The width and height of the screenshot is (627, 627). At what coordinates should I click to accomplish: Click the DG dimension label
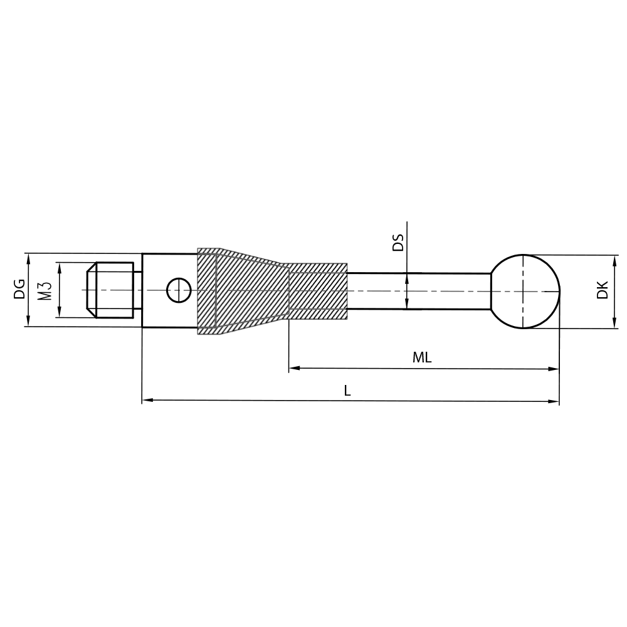(19, 289)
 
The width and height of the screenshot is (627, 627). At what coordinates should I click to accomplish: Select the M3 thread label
(44, 290)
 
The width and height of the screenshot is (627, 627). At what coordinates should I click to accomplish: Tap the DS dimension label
(398, 243)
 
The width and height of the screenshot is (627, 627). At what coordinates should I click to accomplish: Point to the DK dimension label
(603, 290)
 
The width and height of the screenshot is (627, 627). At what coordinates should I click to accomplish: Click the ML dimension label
(422, 358)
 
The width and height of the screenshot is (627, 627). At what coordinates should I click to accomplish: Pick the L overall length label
(347, 391)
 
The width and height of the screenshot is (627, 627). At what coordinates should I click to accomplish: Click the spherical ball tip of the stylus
(525, 291)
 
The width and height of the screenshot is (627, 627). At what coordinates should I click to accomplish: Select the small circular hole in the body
(179, 290)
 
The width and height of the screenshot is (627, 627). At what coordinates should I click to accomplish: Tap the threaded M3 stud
(113, 290)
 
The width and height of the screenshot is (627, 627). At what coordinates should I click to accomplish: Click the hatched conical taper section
(251, 290)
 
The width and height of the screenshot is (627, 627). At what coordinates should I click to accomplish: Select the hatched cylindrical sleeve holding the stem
(318, 290)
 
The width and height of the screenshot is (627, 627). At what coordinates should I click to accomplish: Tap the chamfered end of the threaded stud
(91, 290)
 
